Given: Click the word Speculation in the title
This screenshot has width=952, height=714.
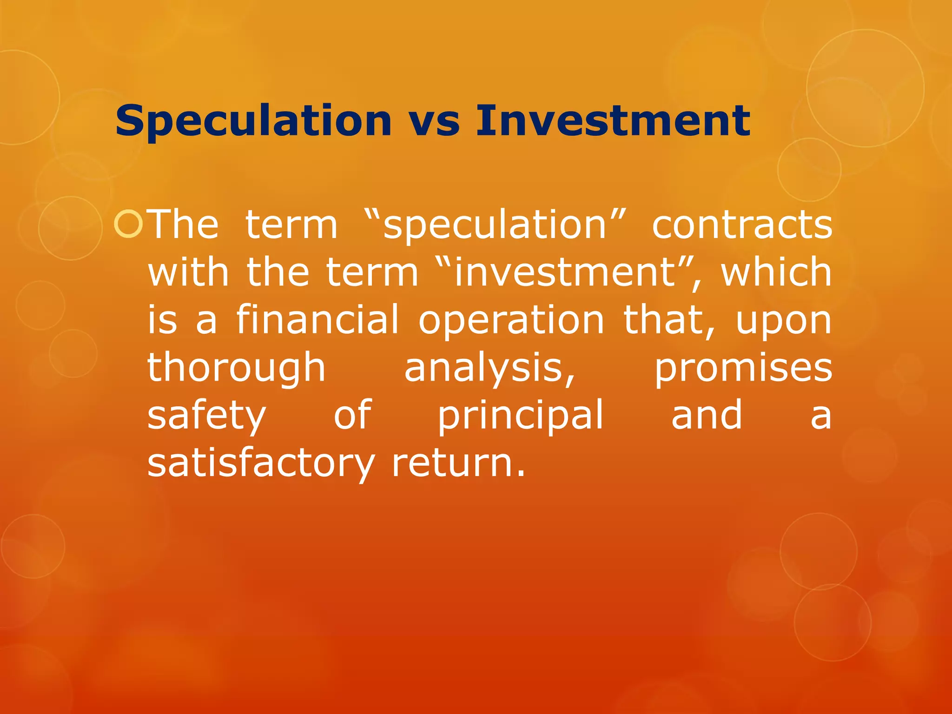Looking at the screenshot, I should [x=253, y=122].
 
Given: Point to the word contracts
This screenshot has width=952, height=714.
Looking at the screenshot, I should [x=742, y=225].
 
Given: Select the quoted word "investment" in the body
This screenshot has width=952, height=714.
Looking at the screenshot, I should [x=564, y=273].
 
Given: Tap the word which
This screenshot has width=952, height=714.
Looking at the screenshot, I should [x=776, y=273].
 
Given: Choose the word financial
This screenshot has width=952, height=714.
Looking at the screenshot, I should [x=317, y=320].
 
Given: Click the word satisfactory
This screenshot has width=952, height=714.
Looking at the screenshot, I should [x=261, y=463].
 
